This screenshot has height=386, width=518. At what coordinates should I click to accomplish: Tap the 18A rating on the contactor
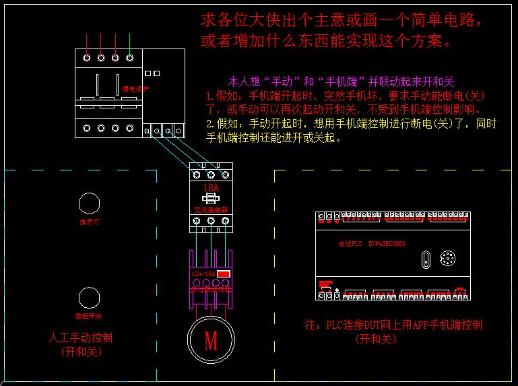click(211, 187)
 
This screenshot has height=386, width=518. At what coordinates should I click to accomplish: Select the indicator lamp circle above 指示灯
click(88, 202)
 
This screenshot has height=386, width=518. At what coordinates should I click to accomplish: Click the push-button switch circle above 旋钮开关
click(88, 297)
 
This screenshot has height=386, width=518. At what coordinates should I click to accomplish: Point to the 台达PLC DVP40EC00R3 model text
click(371, 244)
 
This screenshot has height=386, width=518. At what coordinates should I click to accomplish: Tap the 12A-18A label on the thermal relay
click(203, 274)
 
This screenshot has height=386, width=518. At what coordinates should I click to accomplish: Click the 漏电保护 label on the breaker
click(135, 89)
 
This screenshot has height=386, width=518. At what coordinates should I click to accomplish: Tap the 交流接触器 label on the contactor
click(211, 210)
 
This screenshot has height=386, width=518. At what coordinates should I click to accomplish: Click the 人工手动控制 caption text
click(81, 337)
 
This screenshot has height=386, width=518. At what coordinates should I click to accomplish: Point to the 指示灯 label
click(89, 221)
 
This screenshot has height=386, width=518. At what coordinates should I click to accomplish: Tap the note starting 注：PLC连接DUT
click(393, 325)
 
